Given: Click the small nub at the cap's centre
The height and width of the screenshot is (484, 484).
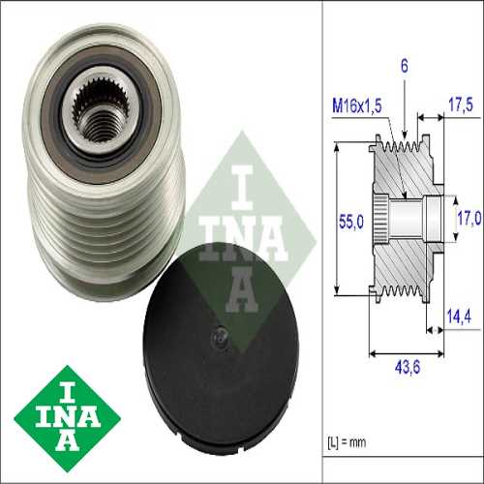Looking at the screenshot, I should pyautogui.click(x=220, y=336).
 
